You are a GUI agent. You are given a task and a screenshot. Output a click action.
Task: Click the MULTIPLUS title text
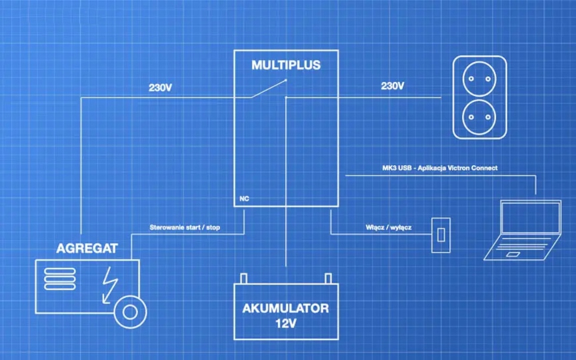click(x=286, y=65)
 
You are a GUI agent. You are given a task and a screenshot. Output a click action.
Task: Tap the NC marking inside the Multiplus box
click(x=244, y=199)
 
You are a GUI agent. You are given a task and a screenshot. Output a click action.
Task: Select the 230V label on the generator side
click(x=161, y=87)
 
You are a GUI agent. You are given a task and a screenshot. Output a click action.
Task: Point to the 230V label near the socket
click(x=392, y=86)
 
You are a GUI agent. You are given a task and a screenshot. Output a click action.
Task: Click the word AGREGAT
click(x=87, y=249)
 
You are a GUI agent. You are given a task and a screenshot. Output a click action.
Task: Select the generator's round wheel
click(x=130, y=311)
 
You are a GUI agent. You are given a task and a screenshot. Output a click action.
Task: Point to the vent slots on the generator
click(x=60, y=277)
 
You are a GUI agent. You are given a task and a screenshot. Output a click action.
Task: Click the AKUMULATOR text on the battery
click(x=285, y=309)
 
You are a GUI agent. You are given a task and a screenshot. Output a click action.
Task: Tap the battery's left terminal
click(x=244, y=278)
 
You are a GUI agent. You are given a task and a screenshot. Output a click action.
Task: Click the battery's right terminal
click(x=327, y=278)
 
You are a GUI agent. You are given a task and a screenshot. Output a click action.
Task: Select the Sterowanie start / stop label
click(x=185, y=228)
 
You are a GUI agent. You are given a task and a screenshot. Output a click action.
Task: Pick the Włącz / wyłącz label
click(x=388, y=227)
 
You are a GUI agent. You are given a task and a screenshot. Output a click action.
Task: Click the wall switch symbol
click(x=440, y=235)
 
